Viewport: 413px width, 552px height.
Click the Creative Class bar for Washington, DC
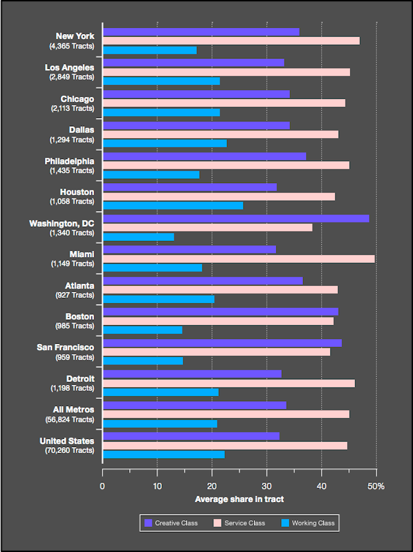pos(236,219)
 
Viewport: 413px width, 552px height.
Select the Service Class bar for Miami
pos(239,259)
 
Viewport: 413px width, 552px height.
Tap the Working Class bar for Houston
pos(173,205)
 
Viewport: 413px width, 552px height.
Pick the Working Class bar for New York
pos(149,50)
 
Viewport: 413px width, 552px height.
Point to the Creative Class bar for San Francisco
pos(222,343)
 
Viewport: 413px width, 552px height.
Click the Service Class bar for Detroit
pos(229,384)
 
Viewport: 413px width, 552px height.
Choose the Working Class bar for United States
pos(164,455)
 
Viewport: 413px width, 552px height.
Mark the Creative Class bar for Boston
pos(220,312)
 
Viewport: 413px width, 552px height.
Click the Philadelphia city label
pos(69,161)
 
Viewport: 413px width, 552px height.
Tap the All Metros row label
pos(73,409)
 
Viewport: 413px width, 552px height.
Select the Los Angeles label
pos(69,68)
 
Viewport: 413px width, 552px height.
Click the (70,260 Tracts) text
pos(69,450)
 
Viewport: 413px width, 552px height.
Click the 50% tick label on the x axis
pos(376,486)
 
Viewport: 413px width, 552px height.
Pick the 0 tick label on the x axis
pos(102,486)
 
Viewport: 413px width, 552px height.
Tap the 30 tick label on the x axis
pos(267,486)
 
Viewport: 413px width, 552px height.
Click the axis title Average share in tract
pos(239,499)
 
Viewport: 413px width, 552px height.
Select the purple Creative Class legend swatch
pos(148,523)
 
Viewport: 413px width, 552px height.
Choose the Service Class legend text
pos(245,523)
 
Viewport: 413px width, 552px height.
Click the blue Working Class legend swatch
pos(284,523)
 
